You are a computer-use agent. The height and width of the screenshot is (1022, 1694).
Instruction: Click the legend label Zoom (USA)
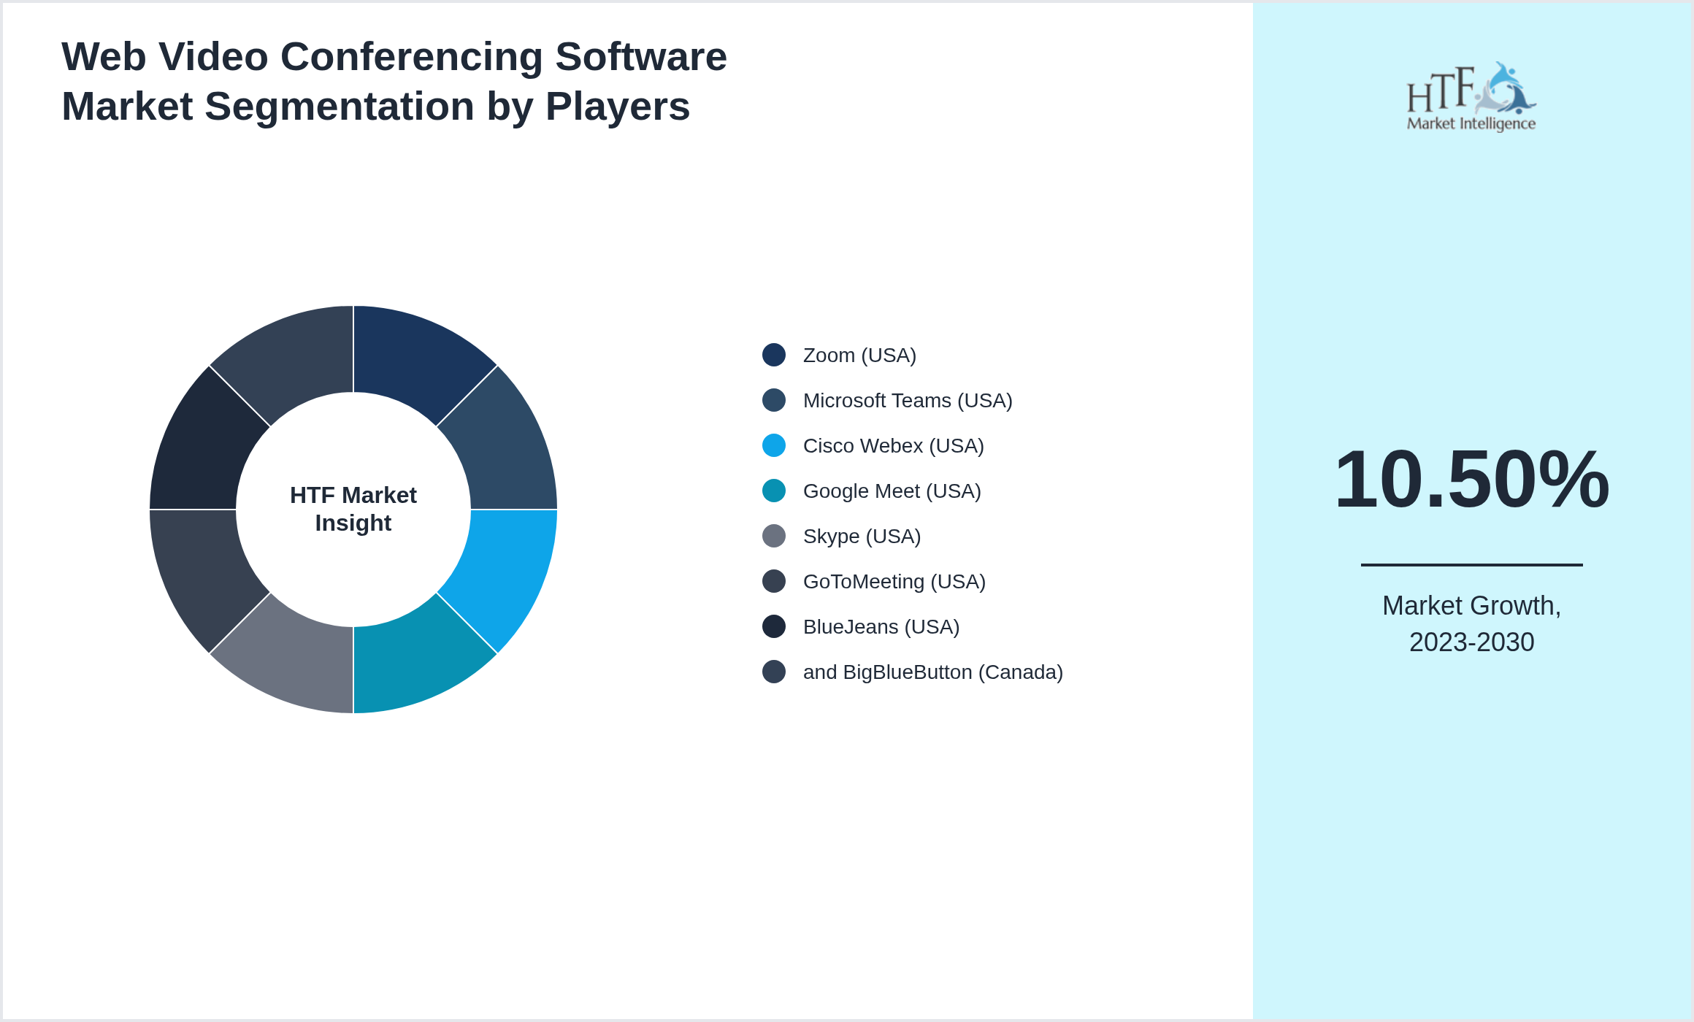point(859,356)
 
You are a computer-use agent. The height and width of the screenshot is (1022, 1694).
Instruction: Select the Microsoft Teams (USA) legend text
point(907,401)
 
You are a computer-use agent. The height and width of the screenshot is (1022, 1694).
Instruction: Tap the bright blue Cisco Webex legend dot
point(774,445)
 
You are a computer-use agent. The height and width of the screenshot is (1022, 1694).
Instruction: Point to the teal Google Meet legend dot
point(774,491)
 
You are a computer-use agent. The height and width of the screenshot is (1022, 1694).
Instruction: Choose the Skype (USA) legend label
point(862,537)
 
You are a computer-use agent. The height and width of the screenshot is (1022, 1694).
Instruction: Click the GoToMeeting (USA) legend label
point(894,582)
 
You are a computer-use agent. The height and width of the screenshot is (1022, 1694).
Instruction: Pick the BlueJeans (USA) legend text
point(881,627)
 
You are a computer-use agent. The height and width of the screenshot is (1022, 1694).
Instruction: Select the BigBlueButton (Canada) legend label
point(932,672)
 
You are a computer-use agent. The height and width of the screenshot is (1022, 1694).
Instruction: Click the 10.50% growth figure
point(1471,480)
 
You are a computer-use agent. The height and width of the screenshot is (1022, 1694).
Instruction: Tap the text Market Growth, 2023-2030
point(1471,623)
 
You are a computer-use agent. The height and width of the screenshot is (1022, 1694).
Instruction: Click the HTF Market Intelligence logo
point(1471,97)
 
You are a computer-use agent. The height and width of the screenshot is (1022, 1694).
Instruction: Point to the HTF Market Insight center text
point(353,509)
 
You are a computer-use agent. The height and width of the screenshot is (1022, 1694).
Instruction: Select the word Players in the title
point(617,107)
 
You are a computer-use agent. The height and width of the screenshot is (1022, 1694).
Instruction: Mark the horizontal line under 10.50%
point(1471,564)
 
